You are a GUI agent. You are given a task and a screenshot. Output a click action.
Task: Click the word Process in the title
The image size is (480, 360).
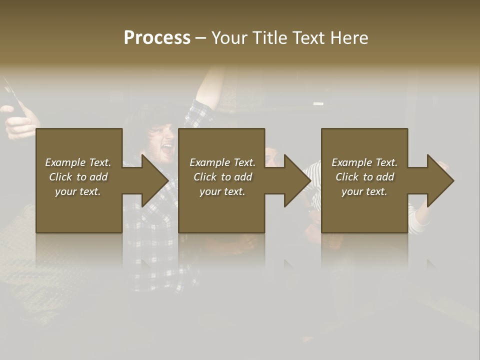pyautogui.click(x=157, y=38)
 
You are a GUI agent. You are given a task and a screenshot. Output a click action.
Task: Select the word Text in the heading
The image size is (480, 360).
pyautogui.click(x=308, y=38)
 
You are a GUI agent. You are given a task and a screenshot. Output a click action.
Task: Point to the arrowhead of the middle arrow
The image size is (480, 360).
pyautogui.click(x=297, y=180)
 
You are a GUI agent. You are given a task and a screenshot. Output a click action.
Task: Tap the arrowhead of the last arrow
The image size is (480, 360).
pyautogui.click(x=440, y=180)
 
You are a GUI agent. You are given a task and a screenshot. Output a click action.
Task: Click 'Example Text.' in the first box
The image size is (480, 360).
pyautogui.click(x=78, y=162)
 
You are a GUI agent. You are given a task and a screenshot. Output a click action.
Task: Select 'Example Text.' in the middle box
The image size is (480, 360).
pyautogui.click(x=222, y=162)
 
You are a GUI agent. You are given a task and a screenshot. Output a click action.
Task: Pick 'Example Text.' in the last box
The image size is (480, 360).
pyautogui.click(x=364, y=162)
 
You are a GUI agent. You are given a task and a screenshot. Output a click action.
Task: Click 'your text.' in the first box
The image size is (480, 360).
pyautogui.click(x=78, y=191)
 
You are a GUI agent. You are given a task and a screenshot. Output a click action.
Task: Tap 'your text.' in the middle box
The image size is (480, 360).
pyautogui.click(x=222, y=191)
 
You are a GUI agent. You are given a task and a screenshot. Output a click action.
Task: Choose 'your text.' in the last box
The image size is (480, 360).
pyautogui.click(x=364, y=191)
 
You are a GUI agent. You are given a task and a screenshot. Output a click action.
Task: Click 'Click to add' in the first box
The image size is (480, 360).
pyautogui.click(x=78, y=177)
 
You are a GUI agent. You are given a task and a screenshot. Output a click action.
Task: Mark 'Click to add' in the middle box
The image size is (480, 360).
pyautogui.click(x=222, y=177)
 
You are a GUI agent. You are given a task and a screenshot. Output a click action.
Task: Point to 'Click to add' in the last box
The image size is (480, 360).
pyautogui.click(x=364, y=177)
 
